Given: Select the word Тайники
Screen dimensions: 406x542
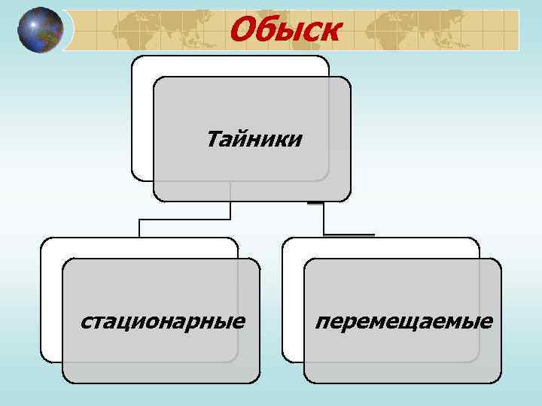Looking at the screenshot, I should coord(254,139).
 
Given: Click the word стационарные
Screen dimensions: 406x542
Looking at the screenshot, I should coord(163,322).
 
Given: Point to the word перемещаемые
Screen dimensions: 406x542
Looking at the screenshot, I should coord(404,322).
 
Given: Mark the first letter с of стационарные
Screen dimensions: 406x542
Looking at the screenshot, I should coord(85,323).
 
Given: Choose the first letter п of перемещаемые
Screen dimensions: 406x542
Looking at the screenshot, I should coord(322,323).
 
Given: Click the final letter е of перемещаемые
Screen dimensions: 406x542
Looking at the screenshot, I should coord(487,323).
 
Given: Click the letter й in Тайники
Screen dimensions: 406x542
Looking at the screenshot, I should coord(243,139).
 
